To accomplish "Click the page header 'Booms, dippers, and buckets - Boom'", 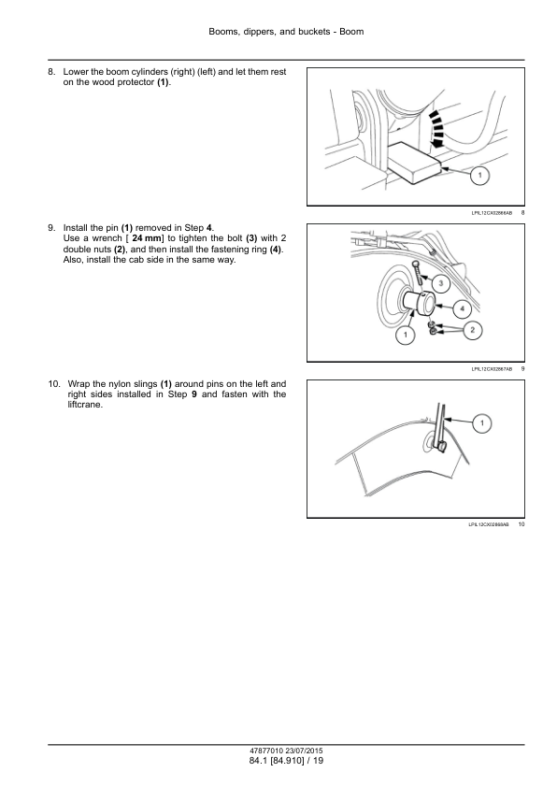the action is (x=286, y=32).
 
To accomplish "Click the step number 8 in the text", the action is (x=51, y=72).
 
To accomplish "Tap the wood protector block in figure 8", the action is (x=415, y=163).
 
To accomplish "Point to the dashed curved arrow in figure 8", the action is (x=437, y=128).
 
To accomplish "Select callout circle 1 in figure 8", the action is (x=480, y=175).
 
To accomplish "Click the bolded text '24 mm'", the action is (x=145, y=238).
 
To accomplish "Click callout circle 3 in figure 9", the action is (x=441, y=284).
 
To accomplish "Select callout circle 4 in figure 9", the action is (x=463, y=308).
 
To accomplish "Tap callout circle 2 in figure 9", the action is (x=473, y=330).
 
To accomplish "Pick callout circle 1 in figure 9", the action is (x=406, y=335).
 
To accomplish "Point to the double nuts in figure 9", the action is (x=432, y=328).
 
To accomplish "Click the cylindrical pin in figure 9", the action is (x=417, y=304).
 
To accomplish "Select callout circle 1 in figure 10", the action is (x=482, y=423).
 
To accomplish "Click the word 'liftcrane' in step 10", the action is (x=84, y=405).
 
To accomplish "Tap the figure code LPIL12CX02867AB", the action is (x=492, y=369).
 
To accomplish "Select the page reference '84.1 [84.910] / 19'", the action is (x=286, y=761).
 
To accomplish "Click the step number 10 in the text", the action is (x=54, y=384).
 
